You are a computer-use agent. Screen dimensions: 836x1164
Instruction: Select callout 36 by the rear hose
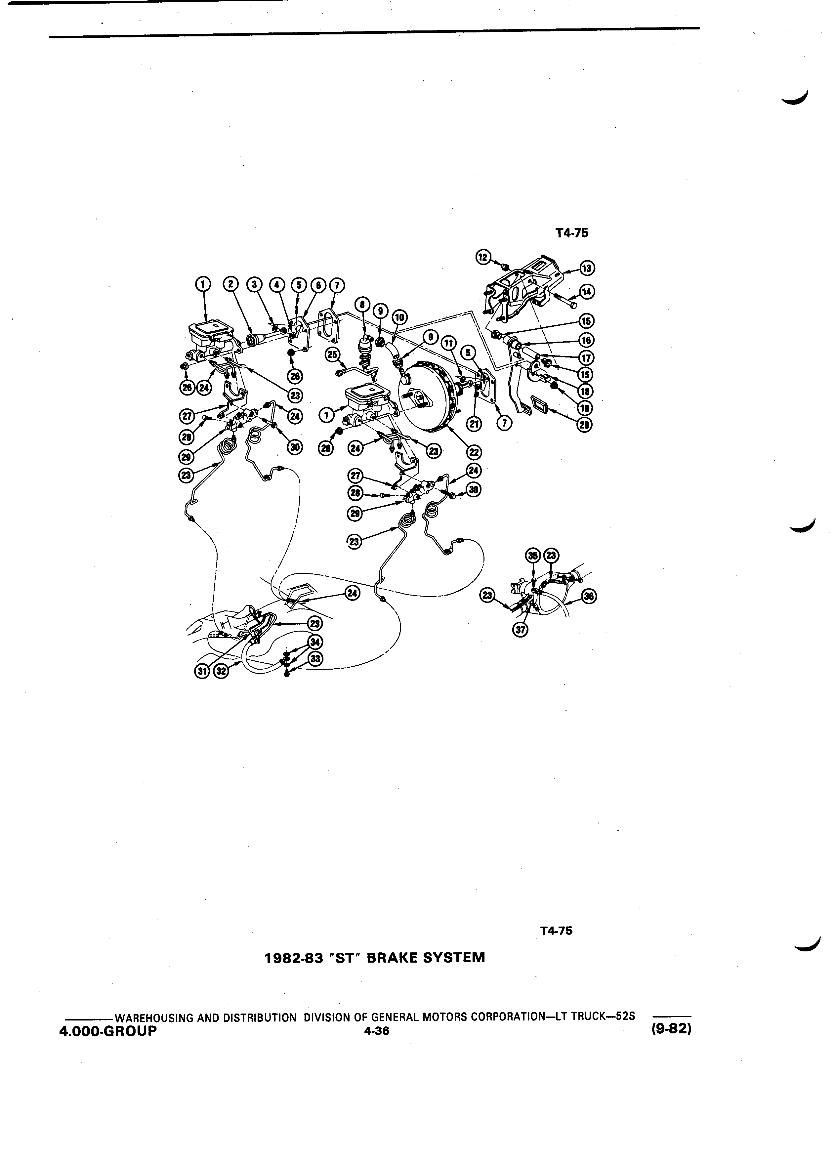pyautogui.click(x=591, y=596)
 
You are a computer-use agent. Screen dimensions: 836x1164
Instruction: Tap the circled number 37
pyautogui.click(x=522, y=631)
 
